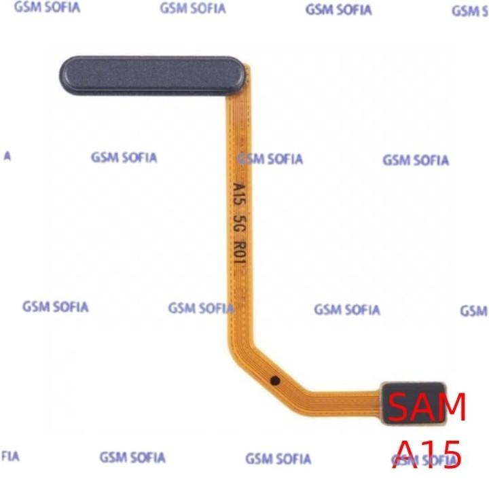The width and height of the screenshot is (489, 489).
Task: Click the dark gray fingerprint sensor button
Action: point(153,75)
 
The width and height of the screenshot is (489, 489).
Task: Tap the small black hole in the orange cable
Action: point(275,380)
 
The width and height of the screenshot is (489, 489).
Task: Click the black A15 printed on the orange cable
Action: point(239,194)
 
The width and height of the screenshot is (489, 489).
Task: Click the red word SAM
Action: point(427,407)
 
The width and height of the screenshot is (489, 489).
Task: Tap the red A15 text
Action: point(427,454)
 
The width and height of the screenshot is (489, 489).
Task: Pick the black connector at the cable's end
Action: point(414,403)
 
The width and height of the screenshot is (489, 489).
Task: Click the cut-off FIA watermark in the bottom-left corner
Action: point(10,456)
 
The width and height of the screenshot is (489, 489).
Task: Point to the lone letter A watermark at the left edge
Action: point(7,156)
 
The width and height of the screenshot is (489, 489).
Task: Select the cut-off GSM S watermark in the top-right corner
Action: point(470,12)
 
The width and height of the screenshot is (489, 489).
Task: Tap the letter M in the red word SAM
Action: point(451,407)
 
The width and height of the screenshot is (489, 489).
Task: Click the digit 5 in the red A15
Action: point(450,455)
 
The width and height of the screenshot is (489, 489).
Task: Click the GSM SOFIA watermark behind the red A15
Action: point(424,460)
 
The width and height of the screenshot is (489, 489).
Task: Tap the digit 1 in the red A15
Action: point(430,454)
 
